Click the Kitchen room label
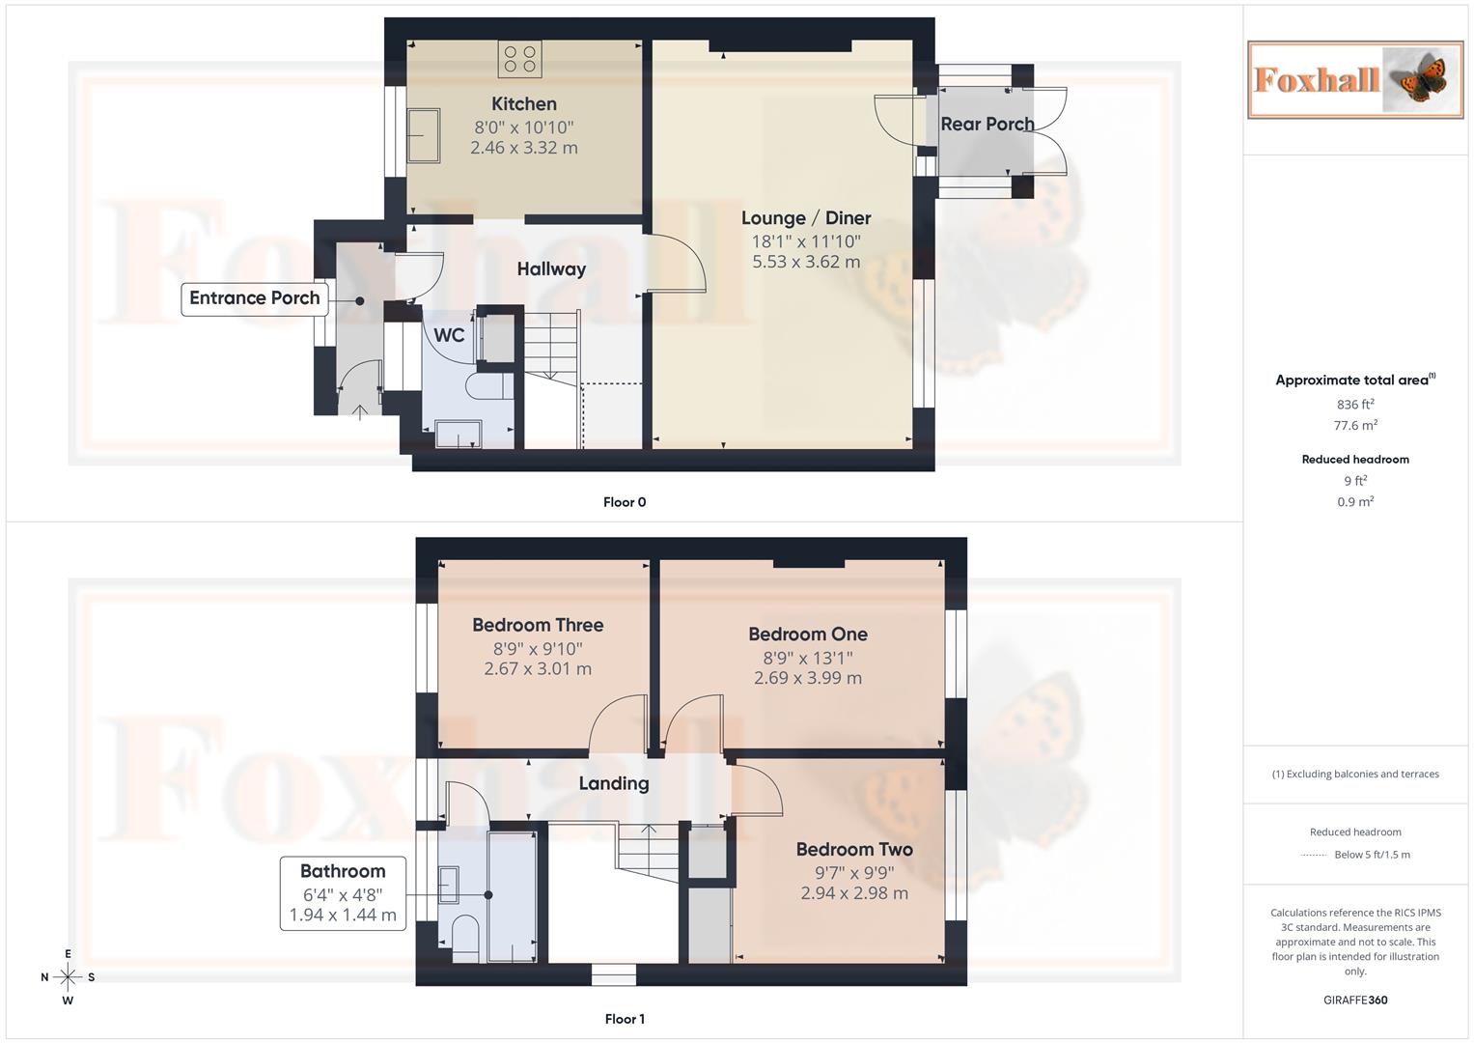point(523,104)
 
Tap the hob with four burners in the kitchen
point(519,58)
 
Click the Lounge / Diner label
point(806,218)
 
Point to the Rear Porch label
point(987,125)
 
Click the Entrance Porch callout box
point(254,298)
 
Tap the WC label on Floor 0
point(449,335)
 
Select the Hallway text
point(551,269)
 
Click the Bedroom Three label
point(538,625)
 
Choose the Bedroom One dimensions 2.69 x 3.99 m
point(808,678)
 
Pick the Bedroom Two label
point(854,850)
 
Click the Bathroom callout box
point(343,893)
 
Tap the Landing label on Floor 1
point(614,783)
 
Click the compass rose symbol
point(68,977)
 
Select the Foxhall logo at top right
point(1354,79)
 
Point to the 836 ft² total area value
point(1355,405)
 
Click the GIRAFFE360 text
point(1355,1000)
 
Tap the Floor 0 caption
point(625,502)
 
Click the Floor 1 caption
point(625,1019)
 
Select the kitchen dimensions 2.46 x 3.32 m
point(524,148)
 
